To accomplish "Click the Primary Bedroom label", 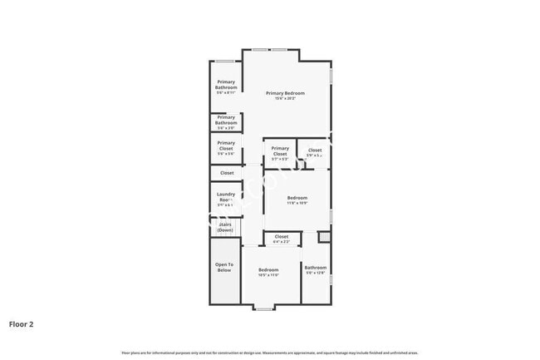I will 285,93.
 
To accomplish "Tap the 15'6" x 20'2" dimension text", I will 285,99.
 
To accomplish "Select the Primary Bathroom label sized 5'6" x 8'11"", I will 226,85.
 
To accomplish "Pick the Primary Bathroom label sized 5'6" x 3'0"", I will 226,120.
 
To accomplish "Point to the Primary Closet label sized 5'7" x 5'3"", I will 280,150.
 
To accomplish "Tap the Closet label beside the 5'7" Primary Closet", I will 314,150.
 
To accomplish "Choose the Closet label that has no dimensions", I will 226,173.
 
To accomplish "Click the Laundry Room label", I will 226,197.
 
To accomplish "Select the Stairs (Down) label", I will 225,227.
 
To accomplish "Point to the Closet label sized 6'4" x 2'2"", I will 281,237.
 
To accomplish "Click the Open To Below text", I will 224,267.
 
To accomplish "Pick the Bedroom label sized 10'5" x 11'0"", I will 268,270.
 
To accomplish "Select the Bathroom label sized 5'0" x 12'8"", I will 316,268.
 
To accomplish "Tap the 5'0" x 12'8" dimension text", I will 316,273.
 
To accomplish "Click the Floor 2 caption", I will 22,323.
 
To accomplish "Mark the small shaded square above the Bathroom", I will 324,238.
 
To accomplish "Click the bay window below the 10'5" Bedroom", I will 264,308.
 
